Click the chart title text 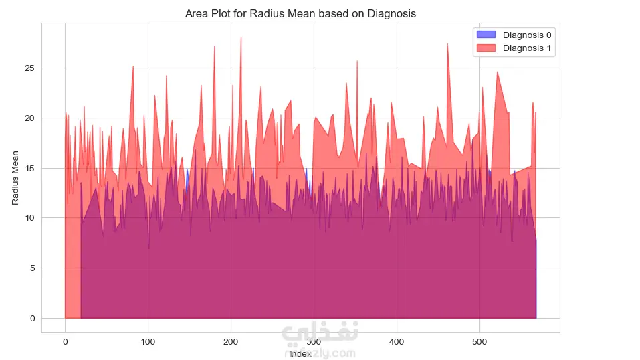(x=300, y=13)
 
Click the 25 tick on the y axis (x=30, y=68)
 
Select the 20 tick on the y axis (x=30, y=118)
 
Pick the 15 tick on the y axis (x=30, y=168)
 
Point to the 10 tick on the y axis (x=30, y=218)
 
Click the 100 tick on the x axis (x=148, y=341)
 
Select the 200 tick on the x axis (x=231, y=341)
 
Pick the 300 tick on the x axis (x=314, y=341)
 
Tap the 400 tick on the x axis (x=397, y=341)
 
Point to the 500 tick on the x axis (x=479, y=341)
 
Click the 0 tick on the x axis (x=65, y=341)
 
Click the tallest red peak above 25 (x=241, y=38)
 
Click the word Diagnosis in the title (x=391, y=13)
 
